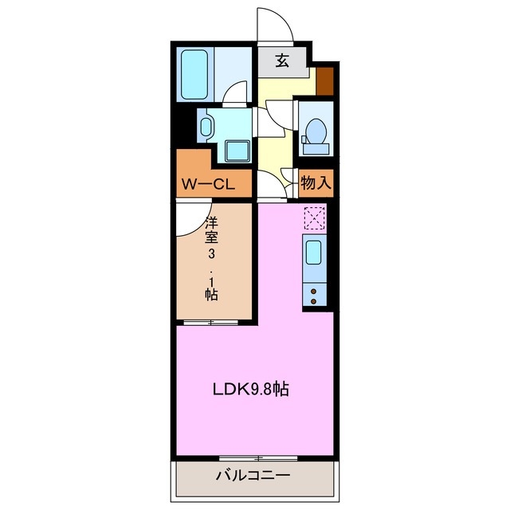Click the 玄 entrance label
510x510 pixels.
[282, 61]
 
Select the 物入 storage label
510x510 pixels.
[316, 183]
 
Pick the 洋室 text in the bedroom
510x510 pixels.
[212, 229]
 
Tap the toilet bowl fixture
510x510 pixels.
[316, 131]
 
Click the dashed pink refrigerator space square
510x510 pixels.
[315, 217]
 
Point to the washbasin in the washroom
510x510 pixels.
[206, 126]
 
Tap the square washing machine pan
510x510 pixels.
[237, 150]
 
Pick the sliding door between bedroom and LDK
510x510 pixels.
[211, 322]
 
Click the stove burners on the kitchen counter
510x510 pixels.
[315, 297]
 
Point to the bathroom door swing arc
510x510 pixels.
[236, 96]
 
